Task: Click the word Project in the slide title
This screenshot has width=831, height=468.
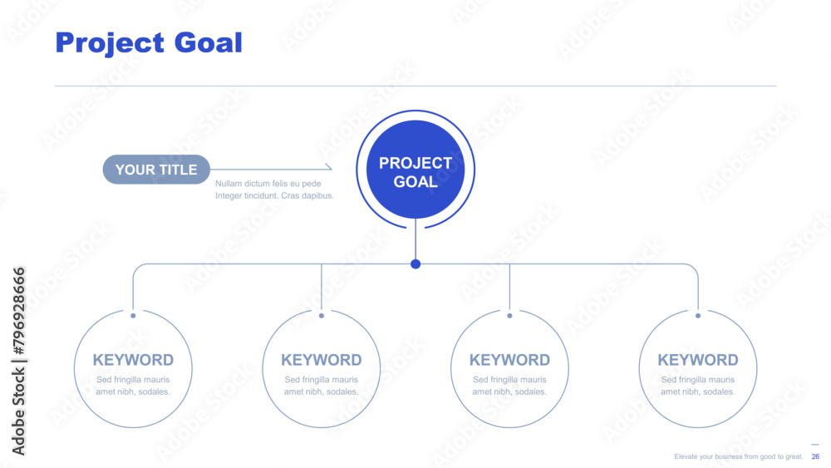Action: [110, 43]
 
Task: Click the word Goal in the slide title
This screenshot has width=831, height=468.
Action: [209, 42]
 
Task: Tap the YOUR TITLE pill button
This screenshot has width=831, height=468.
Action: [156, 170]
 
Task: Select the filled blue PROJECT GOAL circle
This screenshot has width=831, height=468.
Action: [415, 170]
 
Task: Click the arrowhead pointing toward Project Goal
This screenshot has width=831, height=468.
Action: [329, 167]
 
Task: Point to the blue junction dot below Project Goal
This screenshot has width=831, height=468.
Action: [415, 264]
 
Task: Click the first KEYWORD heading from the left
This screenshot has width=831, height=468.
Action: [133, 360]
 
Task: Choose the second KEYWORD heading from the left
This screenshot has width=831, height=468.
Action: [321, 360]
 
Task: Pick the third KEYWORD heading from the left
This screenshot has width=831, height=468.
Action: [510, 360]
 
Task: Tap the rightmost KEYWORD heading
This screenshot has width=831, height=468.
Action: [698, 360]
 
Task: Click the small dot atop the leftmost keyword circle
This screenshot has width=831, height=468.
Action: [133, 315]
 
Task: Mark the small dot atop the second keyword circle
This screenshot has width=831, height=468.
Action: [321, 315]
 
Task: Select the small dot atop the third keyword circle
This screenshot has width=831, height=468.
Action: [510, 315]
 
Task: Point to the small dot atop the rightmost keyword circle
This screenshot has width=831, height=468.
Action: [698, 315]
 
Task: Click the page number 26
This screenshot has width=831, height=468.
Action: [815, 456]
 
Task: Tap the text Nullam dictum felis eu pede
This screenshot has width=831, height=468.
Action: [268, 184]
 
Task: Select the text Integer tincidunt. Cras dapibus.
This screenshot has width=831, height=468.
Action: [274, 195]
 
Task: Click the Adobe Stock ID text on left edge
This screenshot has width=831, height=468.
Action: [18, 361]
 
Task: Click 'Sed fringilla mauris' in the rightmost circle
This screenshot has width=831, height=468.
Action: [698, 380]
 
